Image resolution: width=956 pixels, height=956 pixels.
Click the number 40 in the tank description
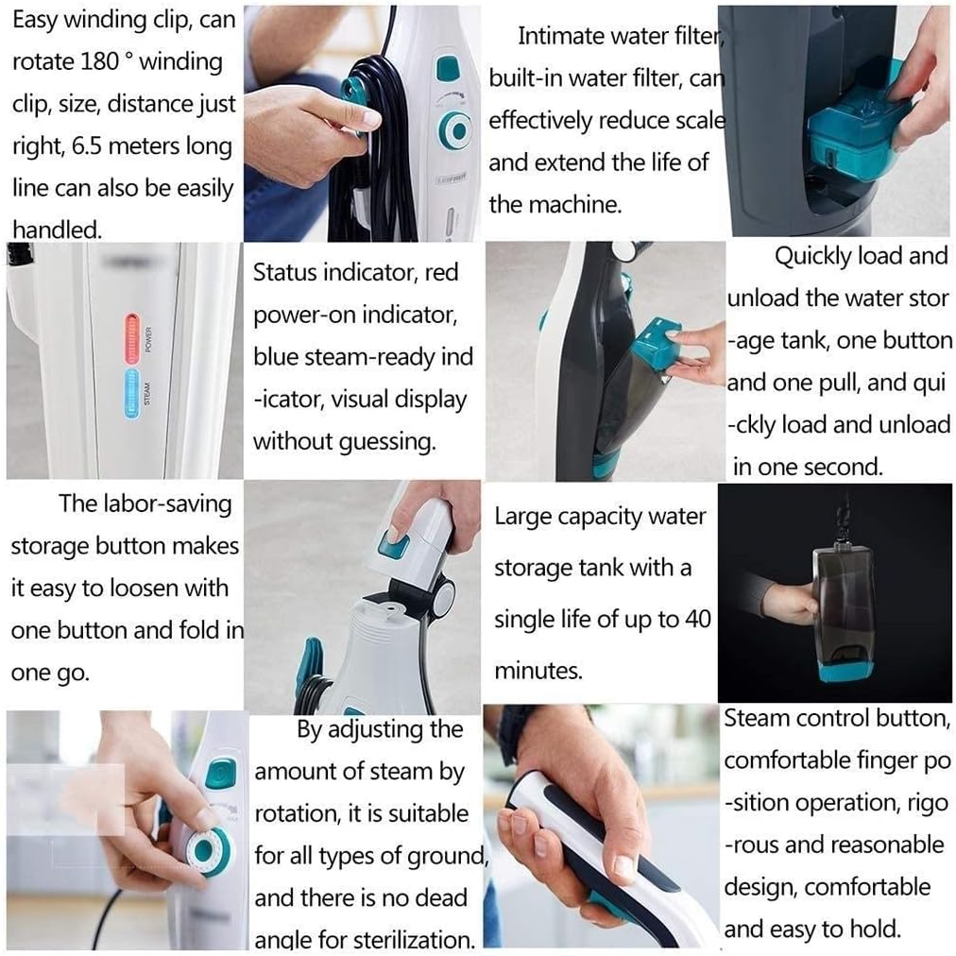(696, 620)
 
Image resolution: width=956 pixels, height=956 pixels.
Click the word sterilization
(413, 939)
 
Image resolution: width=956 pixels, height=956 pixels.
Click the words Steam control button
(835, 719)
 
